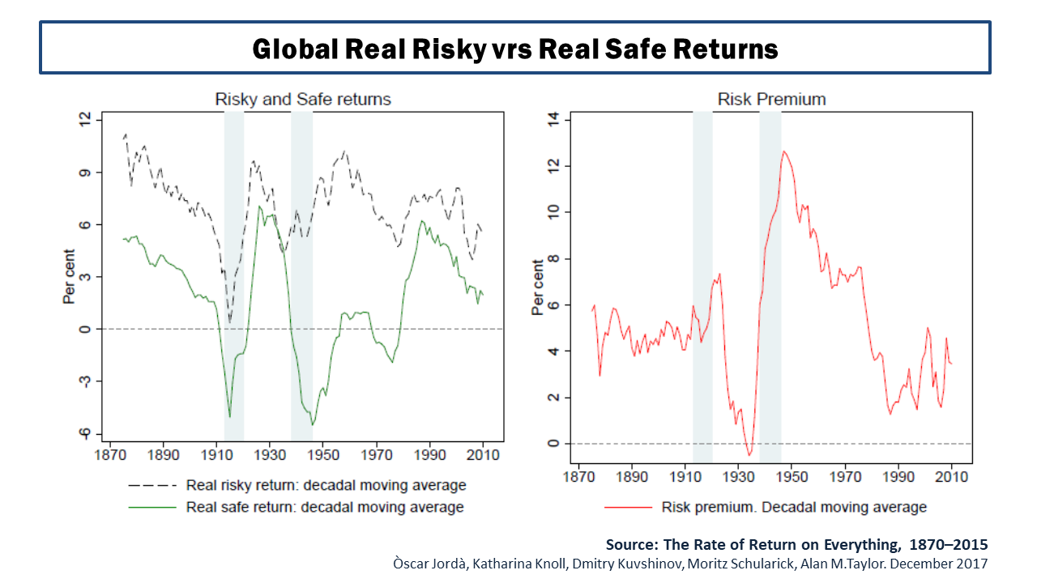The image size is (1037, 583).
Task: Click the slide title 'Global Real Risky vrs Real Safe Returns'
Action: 515,49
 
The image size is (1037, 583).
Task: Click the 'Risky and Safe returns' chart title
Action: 302,100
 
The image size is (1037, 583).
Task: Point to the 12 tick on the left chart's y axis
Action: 84,120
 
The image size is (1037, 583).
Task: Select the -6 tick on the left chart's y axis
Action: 83,433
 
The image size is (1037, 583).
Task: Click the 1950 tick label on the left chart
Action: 323,455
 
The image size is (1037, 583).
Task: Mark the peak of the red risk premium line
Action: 783,151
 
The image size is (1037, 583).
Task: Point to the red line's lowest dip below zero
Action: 749,455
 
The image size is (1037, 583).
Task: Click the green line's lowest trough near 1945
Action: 313,424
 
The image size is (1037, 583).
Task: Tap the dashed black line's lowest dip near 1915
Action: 230,322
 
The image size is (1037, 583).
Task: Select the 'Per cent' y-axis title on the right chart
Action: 538,287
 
